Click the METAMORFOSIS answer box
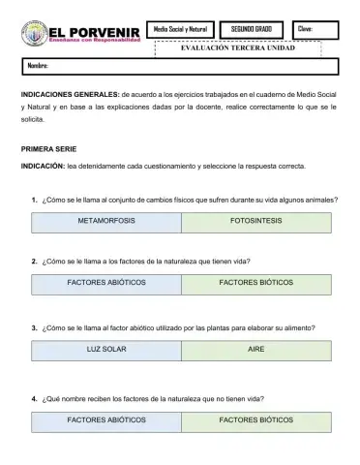pos(105,222)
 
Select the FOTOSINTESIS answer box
pos(256,222)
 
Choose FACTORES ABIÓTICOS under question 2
pos(105,284)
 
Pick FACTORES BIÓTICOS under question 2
pos(256,284)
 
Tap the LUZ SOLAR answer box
pos(105,349)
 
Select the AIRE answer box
pos(256,349)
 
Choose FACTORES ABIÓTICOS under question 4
pos(105,420)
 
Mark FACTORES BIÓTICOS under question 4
pos(256,420)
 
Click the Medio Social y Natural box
pos(180,30)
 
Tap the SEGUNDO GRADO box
pos(251,30)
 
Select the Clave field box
pos(315,30)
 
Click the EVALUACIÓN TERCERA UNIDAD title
pos(238,48)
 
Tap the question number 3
pos(35,327)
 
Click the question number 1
pos(35,201)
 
